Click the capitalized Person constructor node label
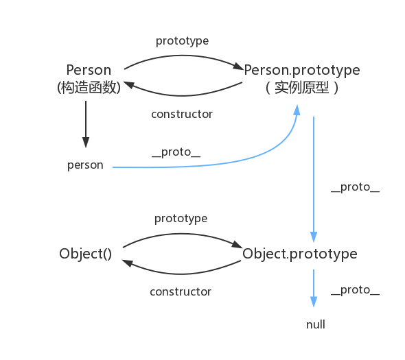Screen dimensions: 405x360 (x=89, y=70)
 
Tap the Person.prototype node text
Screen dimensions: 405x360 (x=302, y=71)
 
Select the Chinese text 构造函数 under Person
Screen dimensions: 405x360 (x=89, y=88)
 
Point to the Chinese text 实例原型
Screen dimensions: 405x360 (x=302, y=88)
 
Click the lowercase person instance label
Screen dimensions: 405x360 (x=85, y=165)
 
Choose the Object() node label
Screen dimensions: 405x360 (x=86, y=254)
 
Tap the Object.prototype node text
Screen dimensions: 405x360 (x=299, y=254)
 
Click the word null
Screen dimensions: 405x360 (x=315, y=324)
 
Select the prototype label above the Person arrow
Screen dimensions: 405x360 (x=182, y=41)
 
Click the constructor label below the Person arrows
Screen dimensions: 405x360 (x=182, y=115)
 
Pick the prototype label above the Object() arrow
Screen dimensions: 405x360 (x=181, y=219)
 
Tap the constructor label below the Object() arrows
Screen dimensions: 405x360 (x=181, y=292)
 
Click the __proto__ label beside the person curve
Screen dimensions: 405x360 (x=176, y=152)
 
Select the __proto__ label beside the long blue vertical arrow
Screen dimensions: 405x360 (x=355, y=187)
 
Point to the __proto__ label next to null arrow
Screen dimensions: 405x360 (x=355, y=290)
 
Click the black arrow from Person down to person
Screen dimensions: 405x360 (x=86, y=124)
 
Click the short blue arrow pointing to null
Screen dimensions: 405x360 (x=314, y=288)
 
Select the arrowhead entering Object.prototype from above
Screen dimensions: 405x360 (x=314, y=237)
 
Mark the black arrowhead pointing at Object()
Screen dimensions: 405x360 (x=127, y=263)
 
